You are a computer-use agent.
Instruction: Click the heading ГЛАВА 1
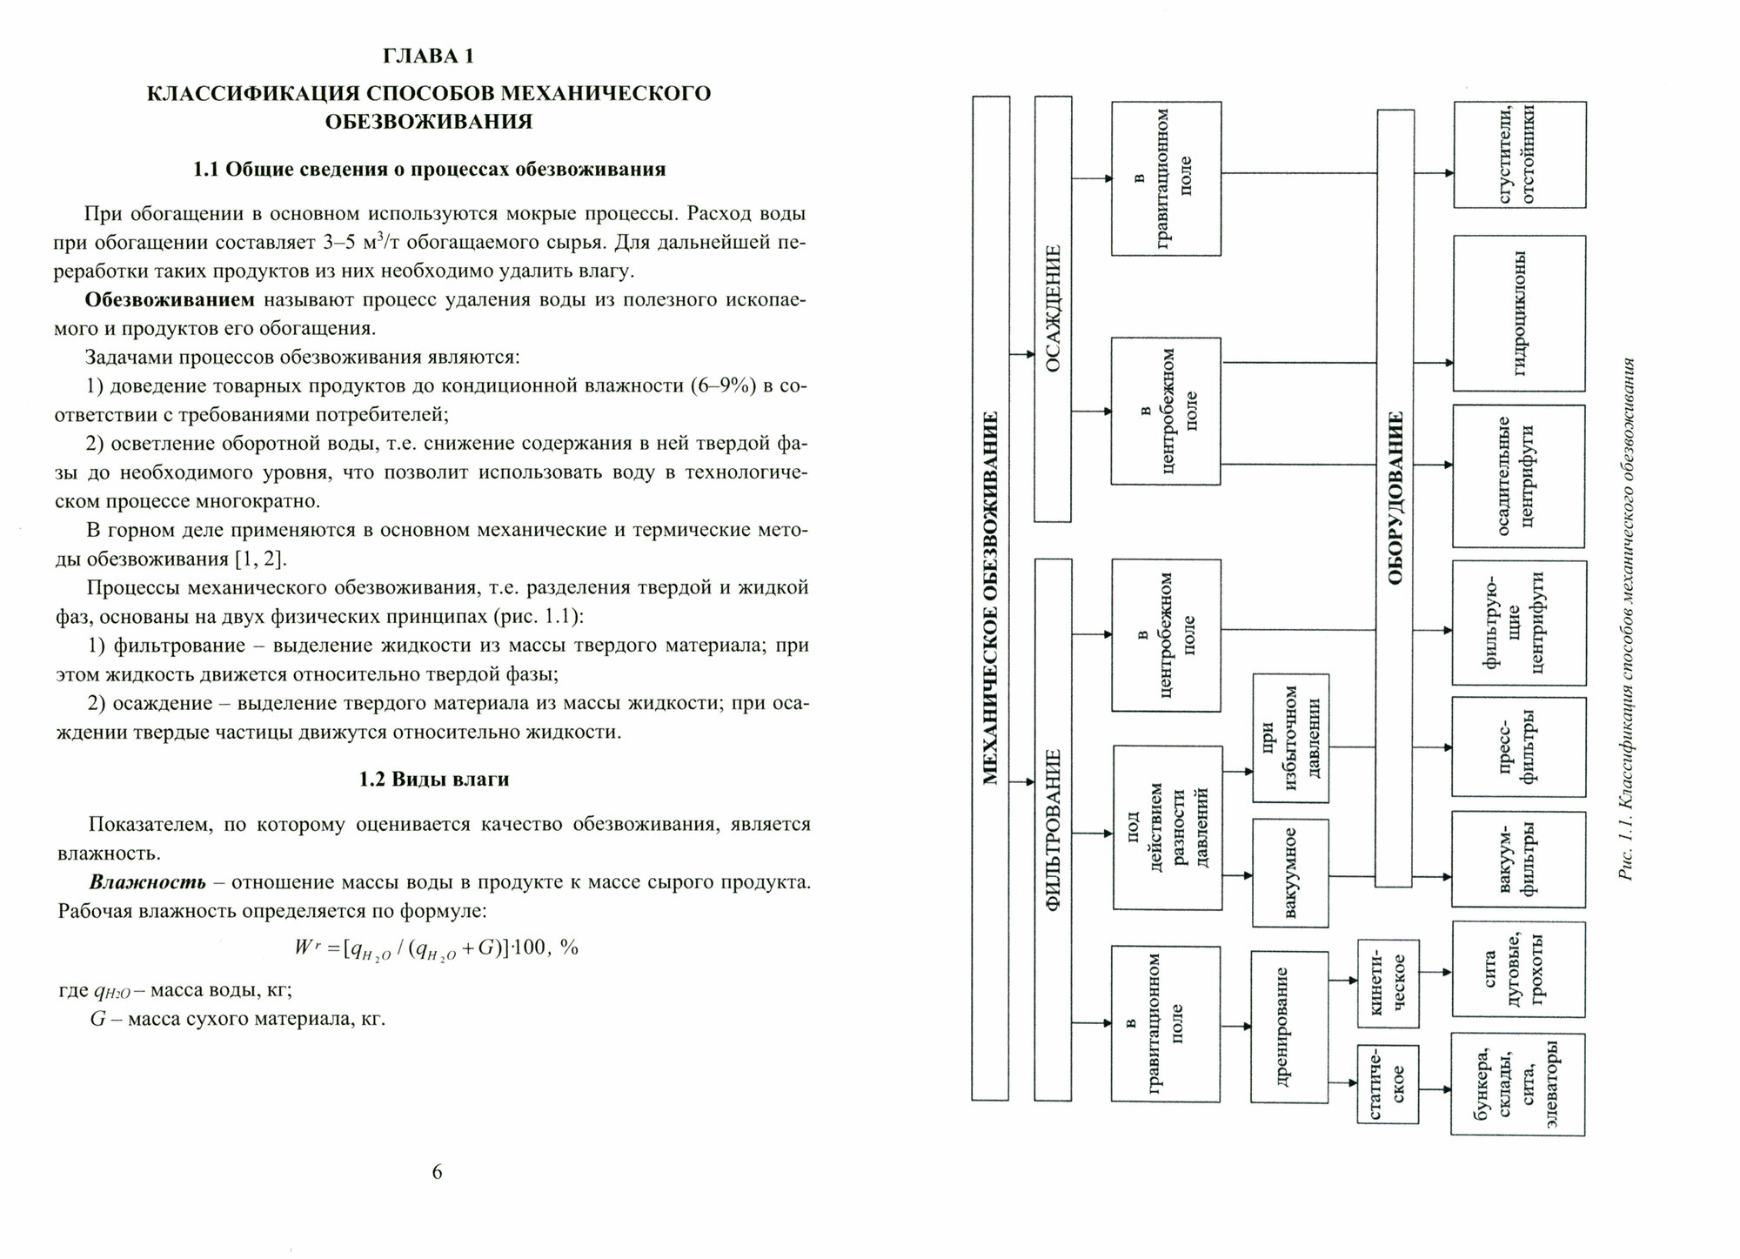pyautogui.click(x=429, y=57)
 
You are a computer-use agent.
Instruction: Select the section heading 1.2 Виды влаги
pyautogui.click(x=434, y=780)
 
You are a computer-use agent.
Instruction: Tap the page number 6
pyautogui.click(x=437, y=1172)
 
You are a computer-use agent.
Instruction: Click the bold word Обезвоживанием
pyautogui.click(x=170, y=300)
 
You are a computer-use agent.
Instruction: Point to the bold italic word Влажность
pyautogui.click(x=148, y=882)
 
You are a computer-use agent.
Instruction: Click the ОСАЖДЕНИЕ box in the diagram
pyautogui.click(x=1053, y=309)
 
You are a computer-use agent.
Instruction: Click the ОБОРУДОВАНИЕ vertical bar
pyautogui.click(x=1394, y=498)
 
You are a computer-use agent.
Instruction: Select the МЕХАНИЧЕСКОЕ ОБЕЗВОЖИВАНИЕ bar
pyautogui.click(x=990, y=598)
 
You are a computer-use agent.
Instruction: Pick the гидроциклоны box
pyautogui.click(x=1519, y=313)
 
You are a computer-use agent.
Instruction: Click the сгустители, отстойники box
pyautogui.click(x=1519, y=154)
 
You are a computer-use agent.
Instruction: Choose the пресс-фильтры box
pyautogui.click(x=1519, y=747)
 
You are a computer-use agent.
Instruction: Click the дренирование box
pyautogui.click(x=1289, y=1027)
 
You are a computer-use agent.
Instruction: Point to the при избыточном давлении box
pyautogui.click(x=1290, y=737)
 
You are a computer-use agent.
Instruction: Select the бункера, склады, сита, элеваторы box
pyautogui.click(x=1518, y=1084)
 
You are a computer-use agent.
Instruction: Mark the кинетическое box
pyautogui.click(x=1389, y=983)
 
